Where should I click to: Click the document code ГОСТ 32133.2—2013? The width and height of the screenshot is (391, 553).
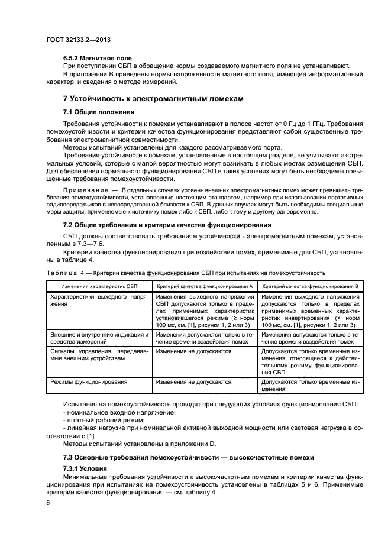78,40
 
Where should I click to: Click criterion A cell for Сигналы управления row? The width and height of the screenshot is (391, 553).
193,351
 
